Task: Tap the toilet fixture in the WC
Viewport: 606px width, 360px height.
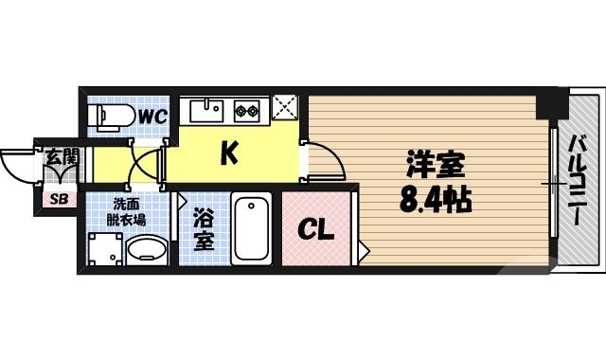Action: point(108,116)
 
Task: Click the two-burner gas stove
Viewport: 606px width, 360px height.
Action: point(249,110)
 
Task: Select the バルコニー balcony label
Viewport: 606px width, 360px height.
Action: point(576,180)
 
